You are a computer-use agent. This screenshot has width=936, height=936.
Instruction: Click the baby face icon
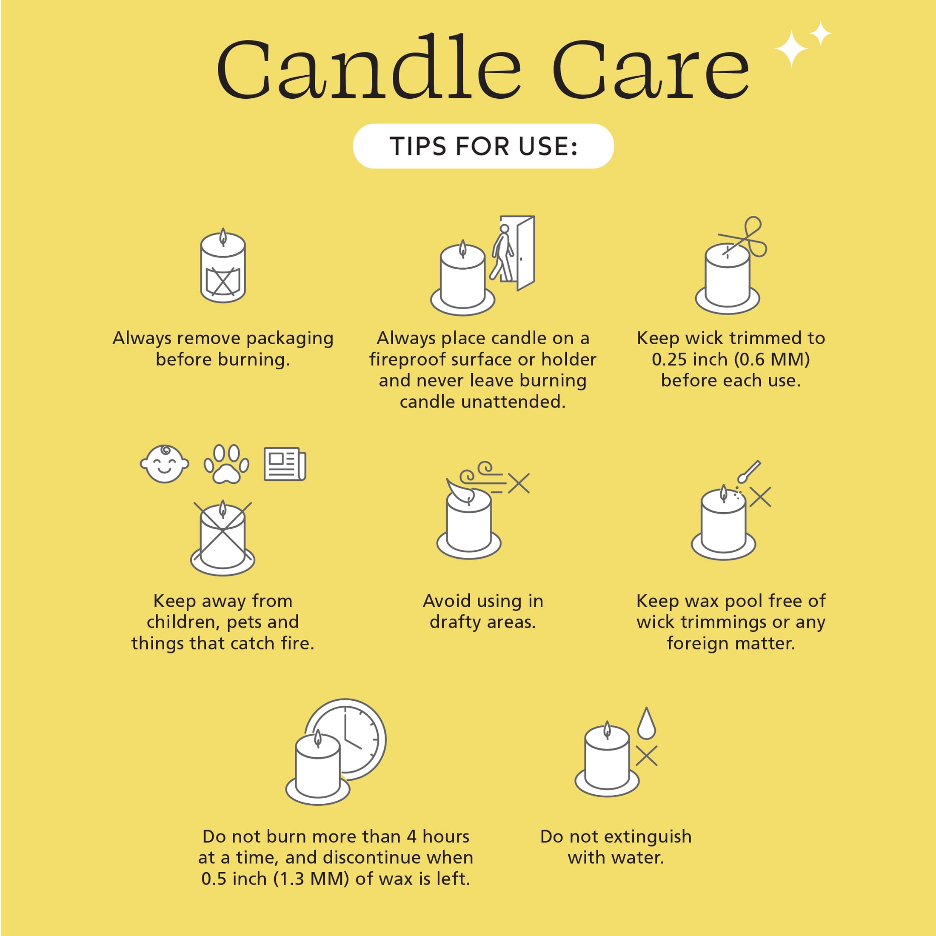click(164, 464)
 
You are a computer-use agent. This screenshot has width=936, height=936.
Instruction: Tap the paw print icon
click(226, 464)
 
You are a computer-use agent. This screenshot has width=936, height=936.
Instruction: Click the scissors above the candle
click(743, 237)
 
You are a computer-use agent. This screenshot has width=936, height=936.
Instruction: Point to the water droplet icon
click(646, 724)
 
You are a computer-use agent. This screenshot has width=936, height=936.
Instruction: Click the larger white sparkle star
click(792, 49)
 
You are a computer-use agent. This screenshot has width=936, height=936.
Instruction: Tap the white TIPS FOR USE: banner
click(483, 146)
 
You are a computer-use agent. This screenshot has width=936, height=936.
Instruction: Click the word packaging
click(290, 339)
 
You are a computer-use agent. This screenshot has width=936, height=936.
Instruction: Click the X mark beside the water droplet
click(646, 756)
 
